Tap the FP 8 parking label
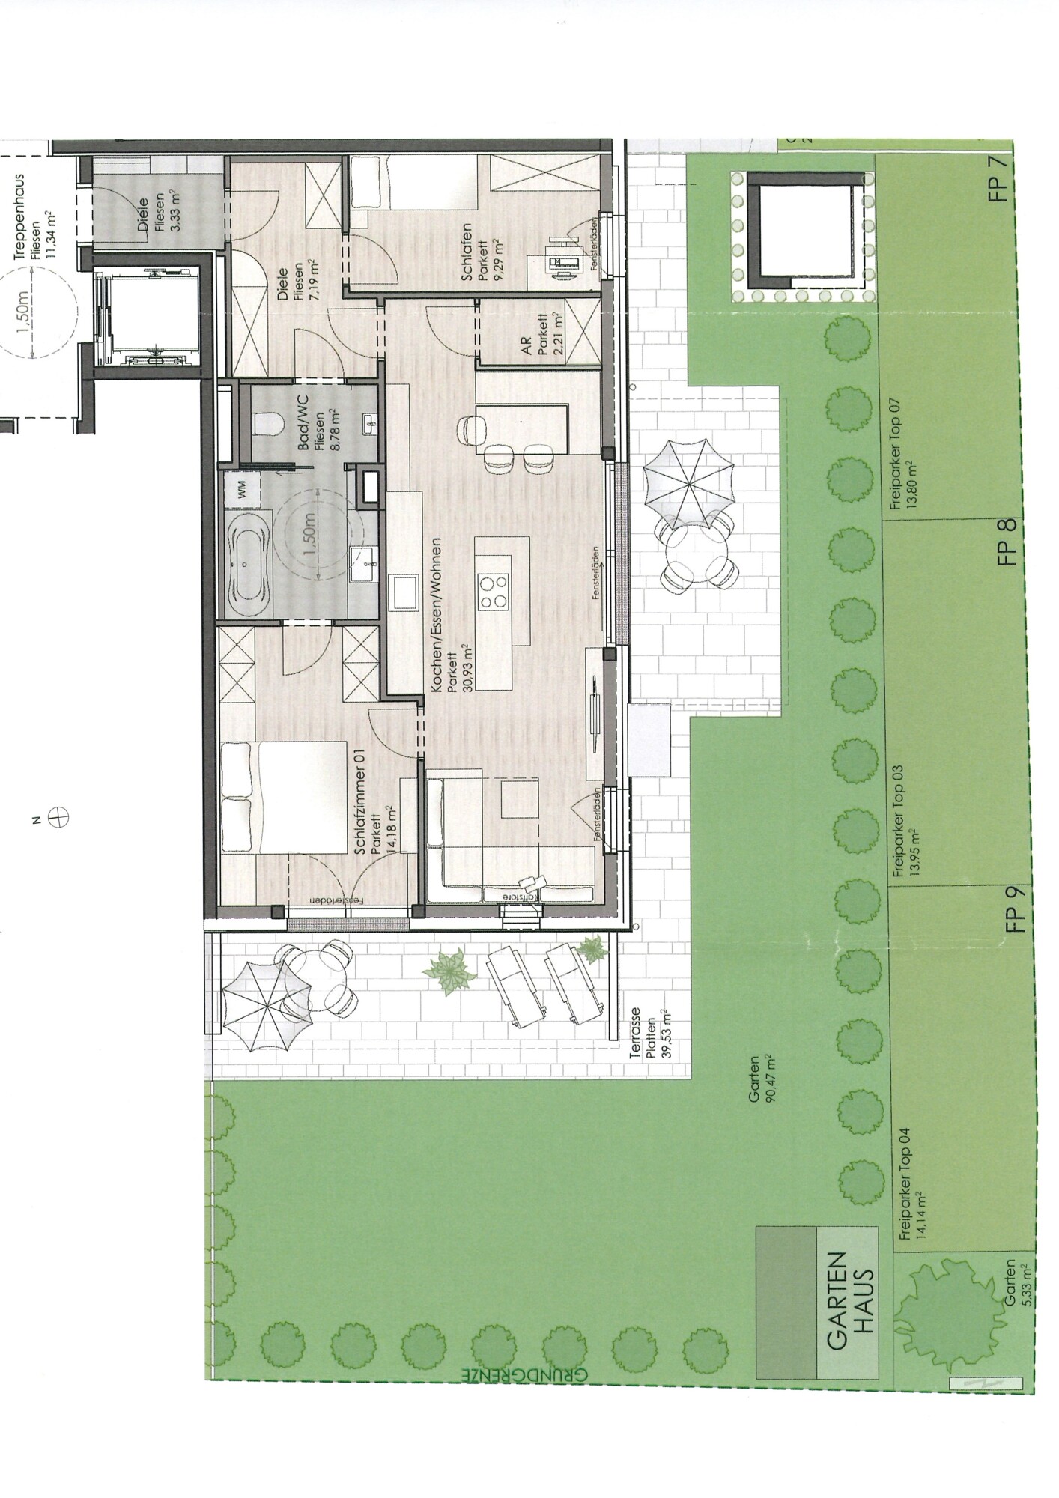click(1009, 541)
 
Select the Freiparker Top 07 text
click(902, 453)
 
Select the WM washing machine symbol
click(243, 492)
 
